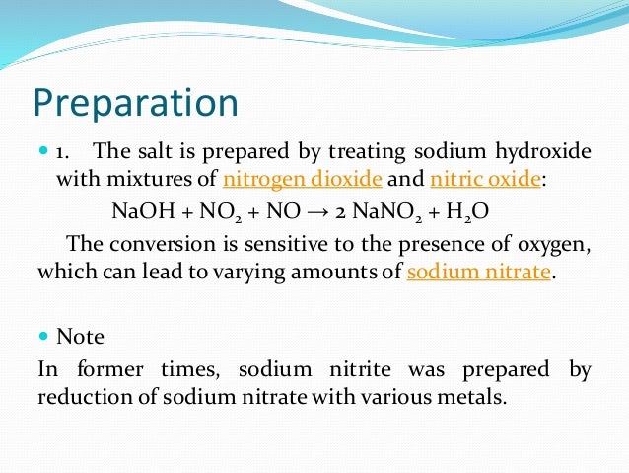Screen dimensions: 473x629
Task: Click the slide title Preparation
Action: click(x=137, y=104)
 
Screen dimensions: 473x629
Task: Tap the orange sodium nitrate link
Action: click(x=478, y=272)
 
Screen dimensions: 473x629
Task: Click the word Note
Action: click(x=81, y=337)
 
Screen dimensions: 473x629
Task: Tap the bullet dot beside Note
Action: click(x=42, y=336)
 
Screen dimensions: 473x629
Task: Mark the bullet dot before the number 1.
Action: click(x=42, y=152)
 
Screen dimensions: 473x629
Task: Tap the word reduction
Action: click(x=81, y=398)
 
